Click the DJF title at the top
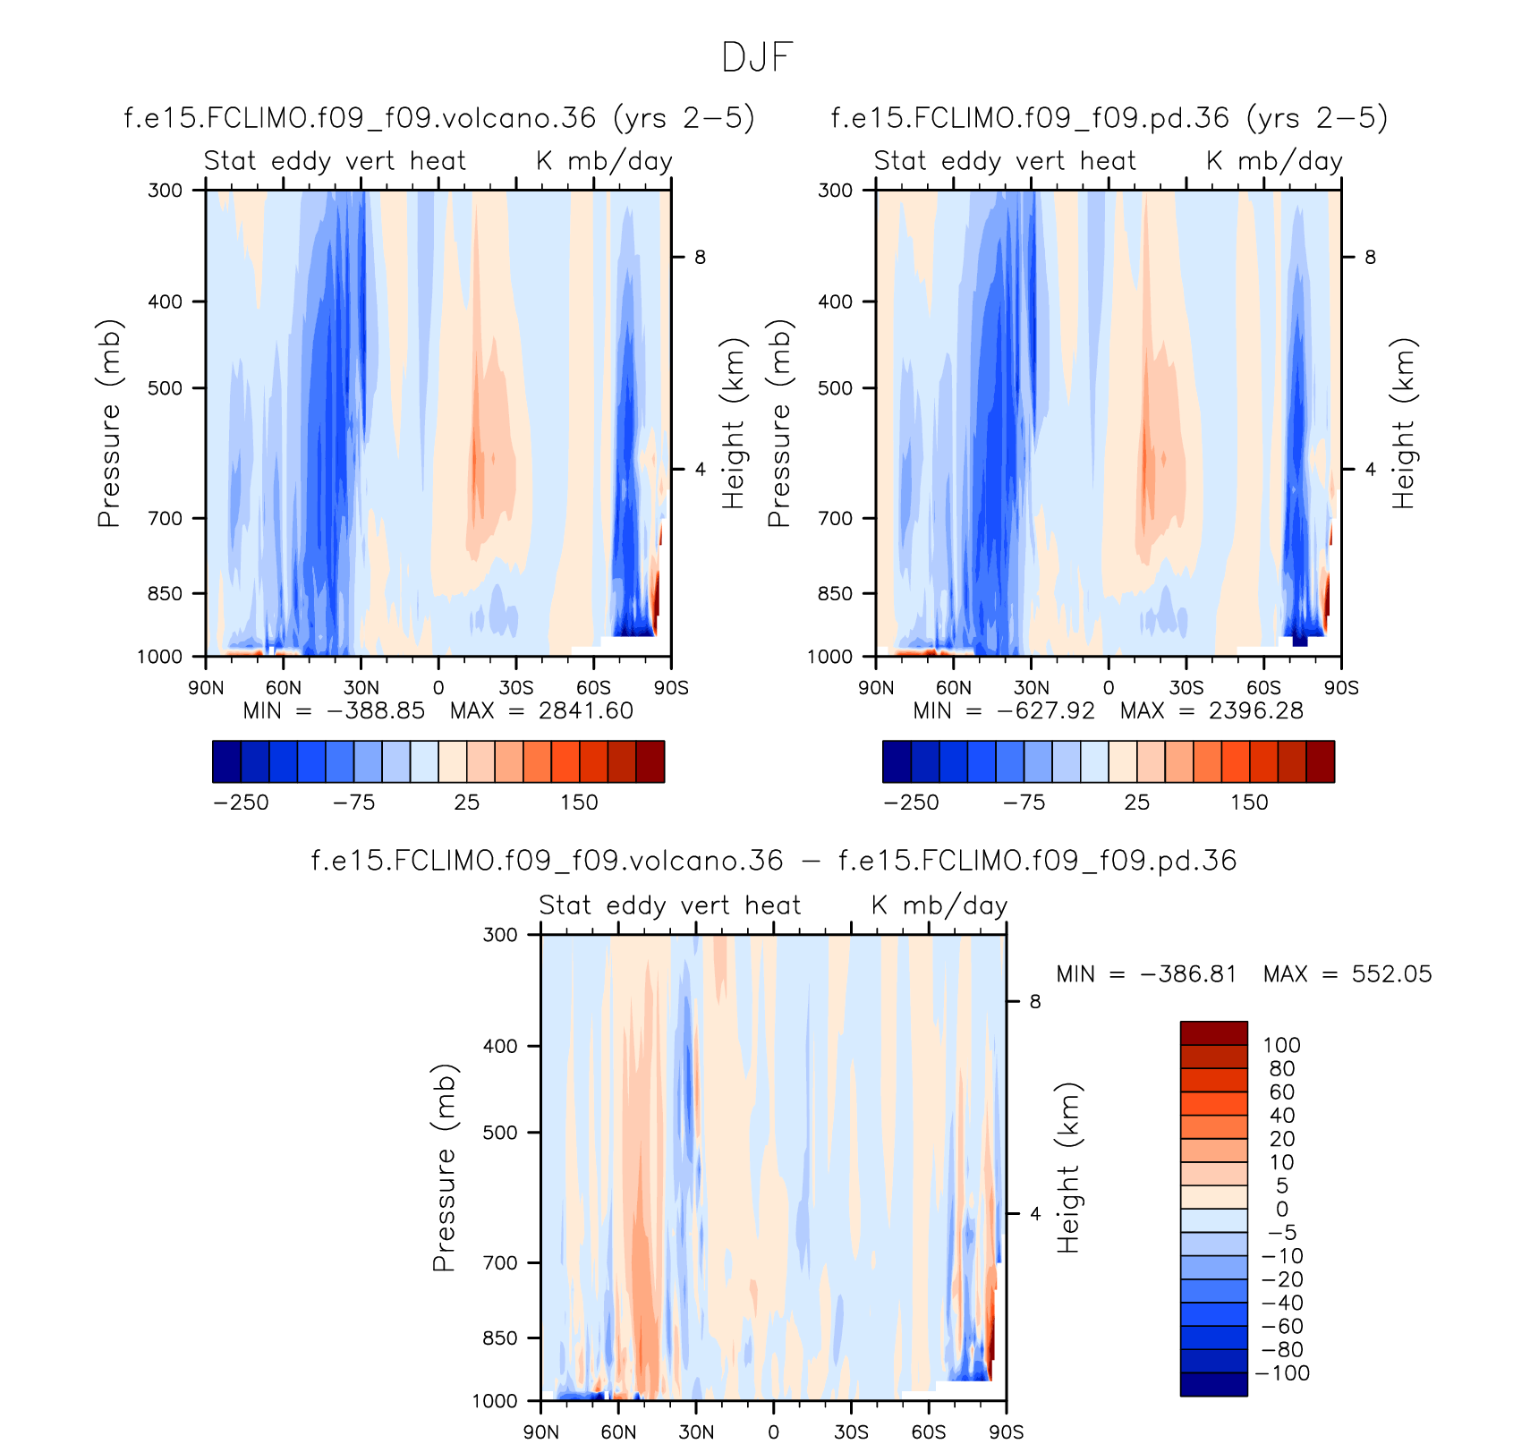[757, 58]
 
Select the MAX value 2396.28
[1255, 711]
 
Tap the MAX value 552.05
[1391, 974]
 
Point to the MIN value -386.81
[1189, 974]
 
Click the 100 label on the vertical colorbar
[1281, 1045]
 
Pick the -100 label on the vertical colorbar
[1285, 1373]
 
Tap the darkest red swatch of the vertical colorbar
[1213, 1033]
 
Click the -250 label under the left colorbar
[241, 803]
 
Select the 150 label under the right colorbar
[1249, 803]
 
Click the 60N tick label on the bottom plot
[618, 1431]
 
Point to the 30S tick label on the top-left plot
[516, 688]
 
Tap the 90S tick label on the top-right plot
[1341, 688]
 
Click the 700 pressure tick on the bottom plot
[499, 1262]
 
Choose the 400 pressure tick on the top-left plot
[165, 302]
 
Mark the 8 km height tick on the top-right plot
[1370, 258]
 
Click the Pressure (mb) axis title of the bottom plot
[444, 1168]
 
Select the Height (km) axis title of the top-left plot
[733, 423]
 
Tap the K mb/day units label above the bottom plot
[939, 905]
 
